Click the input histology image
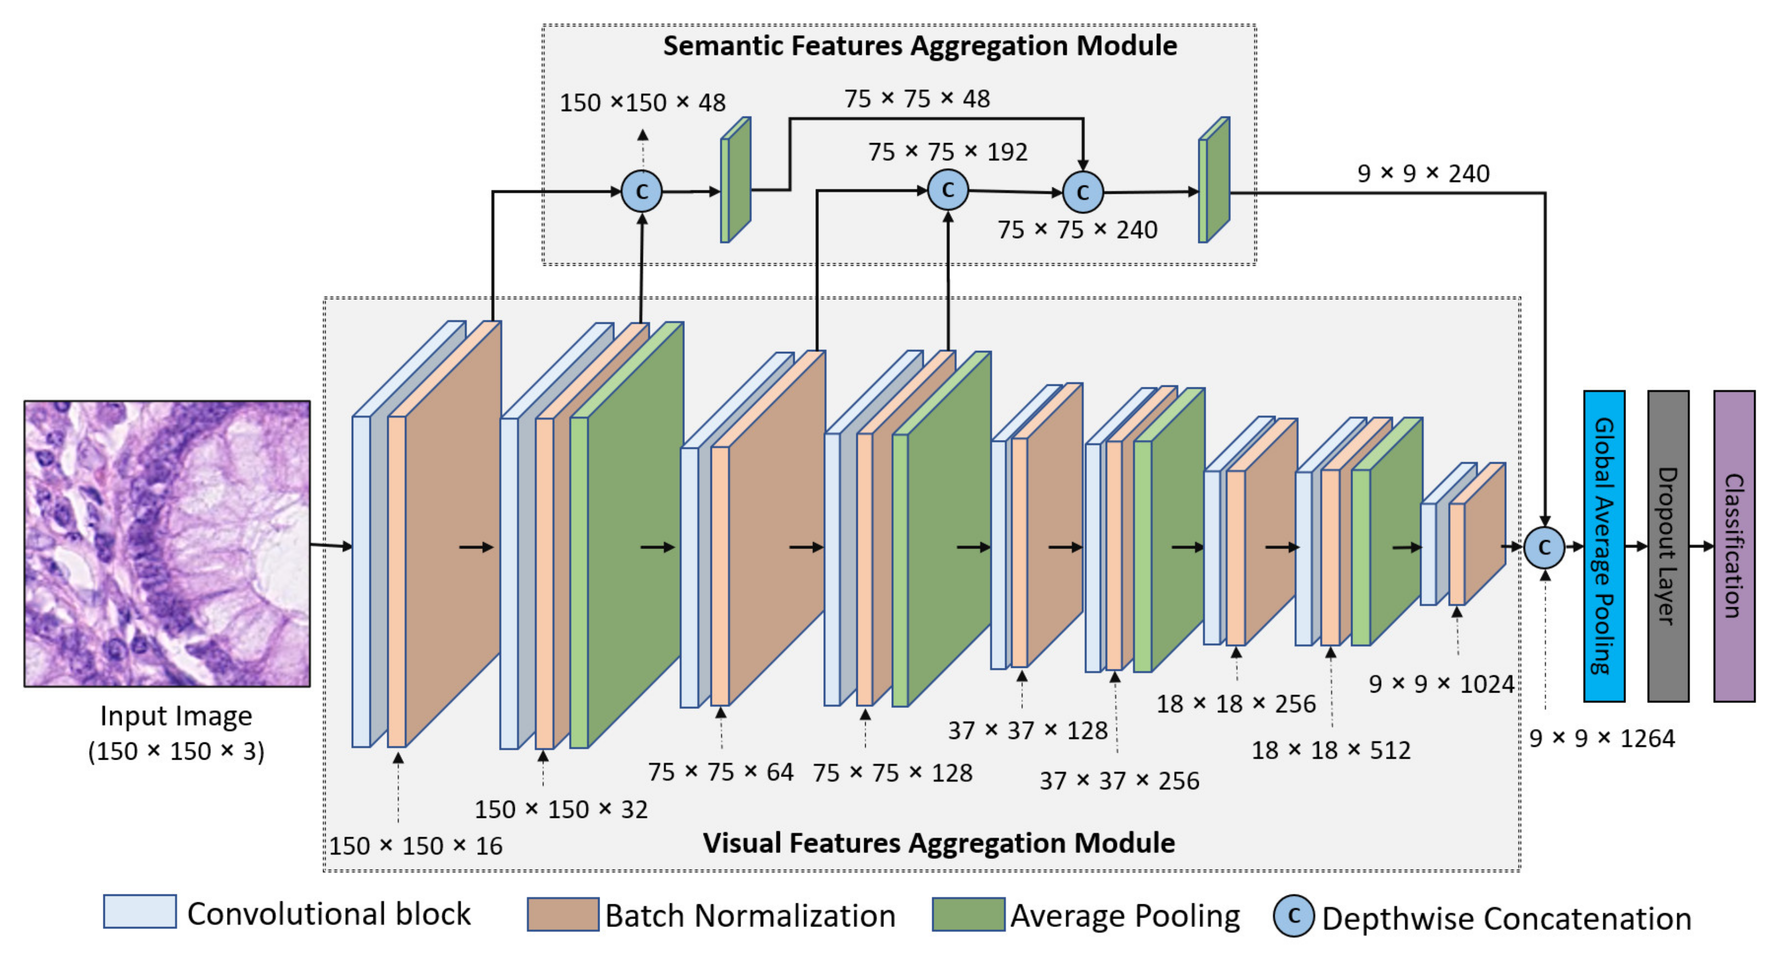(167, 543)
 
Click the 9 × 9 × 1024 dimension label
(1441, 684)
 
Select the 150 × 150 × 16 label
(416, 846)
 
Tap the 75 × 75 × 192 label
(947, 152)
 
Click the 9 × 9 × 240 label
(1423, 173)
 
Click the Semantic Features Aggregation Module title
(920, 46)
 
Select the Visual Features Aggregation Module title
(938, 843)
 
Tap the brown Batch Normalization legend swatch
(563, 914)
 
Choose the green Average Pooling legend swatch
(968, 914)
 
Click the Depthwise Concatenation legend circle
(1293, 916)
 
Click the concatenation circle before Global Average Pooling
(1544, 548)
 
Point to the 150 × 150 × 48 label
(642, 103)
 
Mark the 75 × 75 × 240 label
(1077, 230)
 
